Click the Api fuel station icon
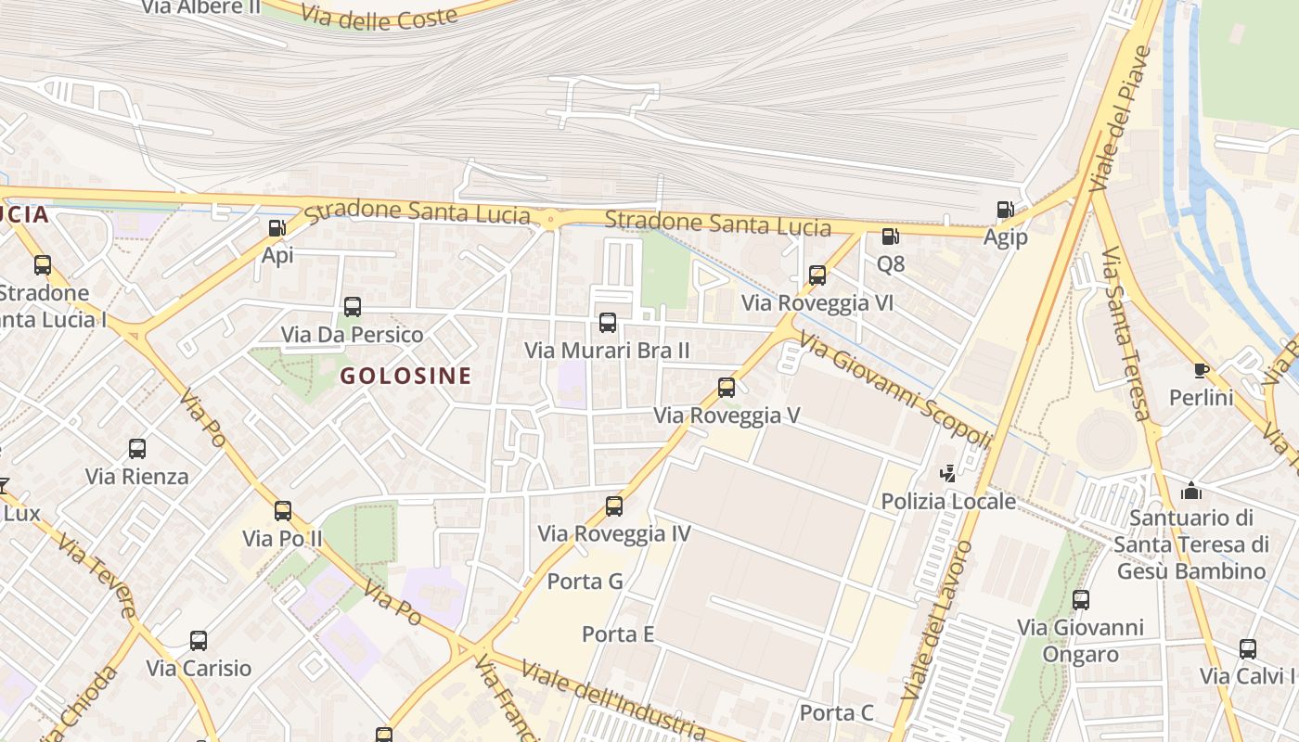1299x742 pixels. [277, 227]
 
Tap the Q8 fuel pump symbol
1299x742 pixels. [890, 237]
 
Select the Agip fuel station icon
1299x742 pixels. [1005, 210]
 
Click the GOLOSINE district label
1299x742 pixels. [405, 377]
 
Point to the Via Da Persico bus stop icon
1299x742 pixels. [352, 307]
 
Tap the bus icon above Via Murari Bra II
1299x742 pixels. [607, 323]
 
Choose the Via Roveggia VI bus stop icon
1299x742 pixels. [817, 275]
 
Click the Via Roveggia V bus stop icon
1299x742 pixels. [727, 388]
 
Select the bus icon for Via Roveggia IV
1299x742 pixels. [613, 506]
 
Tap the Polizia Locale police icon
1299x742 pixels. [947, 474]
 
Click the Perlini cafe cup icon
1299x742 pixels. [1201, 370]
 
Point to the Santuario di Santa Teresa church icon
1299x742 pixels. [1191, 490]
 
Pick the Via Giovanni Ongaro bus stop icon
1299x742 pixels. [1080, 600]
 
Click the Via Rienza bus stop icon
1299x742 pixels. [136, 449]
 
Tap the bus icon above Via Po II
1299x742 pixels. [282, 511]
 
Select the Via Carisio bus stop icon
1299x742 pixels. [198, 641]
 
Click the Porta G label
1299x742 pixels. [585, 582]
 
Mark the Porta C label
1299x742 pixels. [837, 712]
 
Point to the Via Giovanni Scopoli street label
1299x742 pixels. [894, 391]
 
